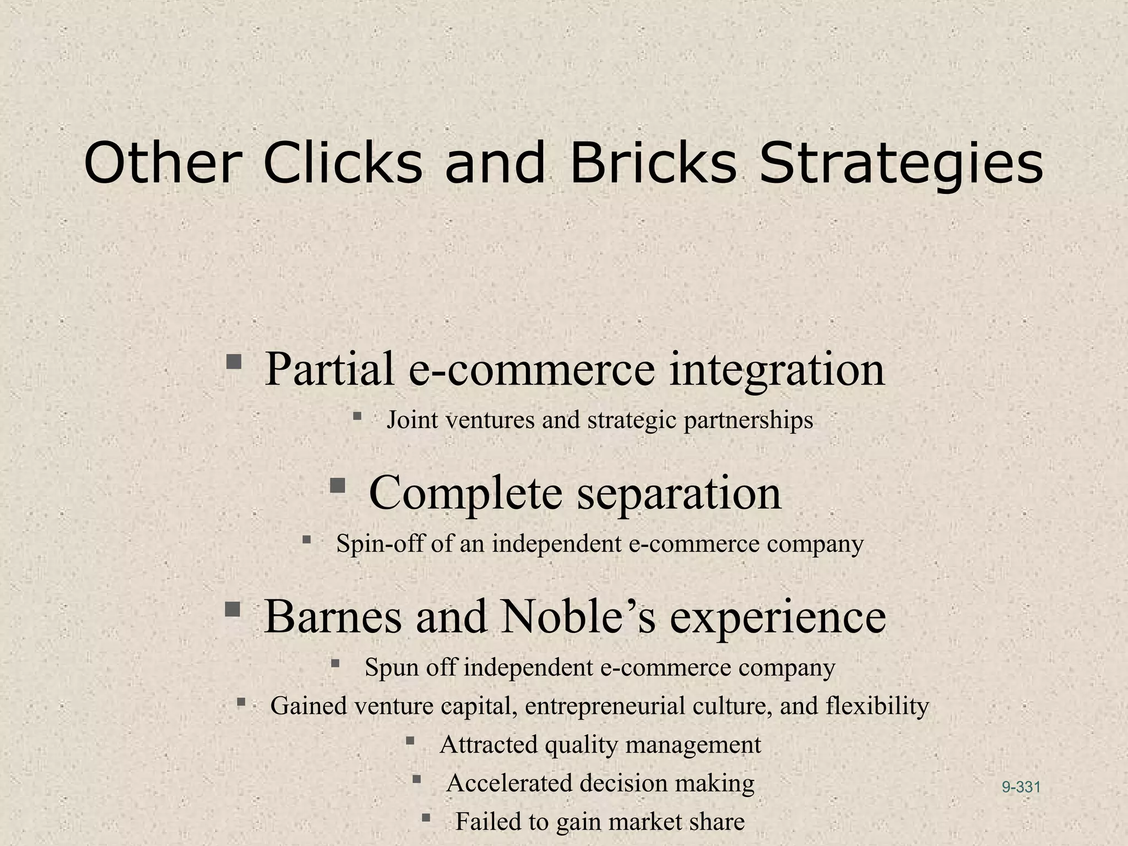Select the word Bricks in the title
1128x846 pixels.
pos(653,164)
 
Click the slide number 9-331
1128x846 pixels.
pos(1021,787)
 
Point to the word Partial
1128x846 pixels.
pos(330,368)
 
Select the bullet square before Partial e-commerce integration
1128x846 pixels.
pos(234,361)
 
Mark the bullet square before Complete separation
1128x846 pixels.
pos(337,485)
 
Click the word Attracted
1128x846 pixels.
pos(488,745)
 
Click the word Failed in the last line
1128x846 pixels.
pos(487,822)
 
